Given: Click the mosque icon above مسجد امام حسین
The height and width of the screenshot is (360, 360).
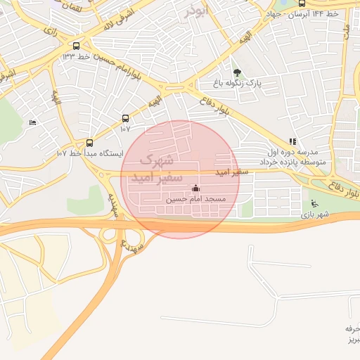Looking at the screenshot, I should point(195,188).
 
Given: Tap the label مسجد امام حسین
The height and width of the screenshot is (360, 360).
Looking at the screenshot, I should point(195,200).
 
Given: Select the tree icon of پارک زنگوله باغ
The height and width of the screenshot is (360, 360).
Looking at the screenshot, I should point(236,72).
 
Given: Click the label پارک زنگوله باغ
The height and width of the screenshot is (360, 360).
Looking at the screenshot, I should point(238,83).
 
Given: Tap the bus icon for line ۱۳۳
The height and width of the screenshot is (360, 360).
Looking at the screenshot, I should point(76,46).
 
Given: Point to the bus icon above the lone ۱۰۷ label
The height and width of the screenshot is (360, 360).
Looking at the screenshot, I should point(125,119).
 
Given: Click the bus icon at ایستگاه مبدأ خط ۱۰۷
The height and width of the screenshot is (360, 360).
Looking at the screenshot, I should point(89,142).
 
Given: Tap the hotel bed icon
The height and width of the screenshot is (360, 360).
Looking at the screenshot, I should point(32,123).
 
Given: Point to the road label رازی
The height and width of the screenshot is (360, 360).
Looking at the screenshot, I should point(50,30).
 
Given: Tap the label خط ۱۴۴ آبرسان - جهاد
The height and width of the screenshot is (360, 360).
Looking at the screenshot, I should point(302,14).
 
